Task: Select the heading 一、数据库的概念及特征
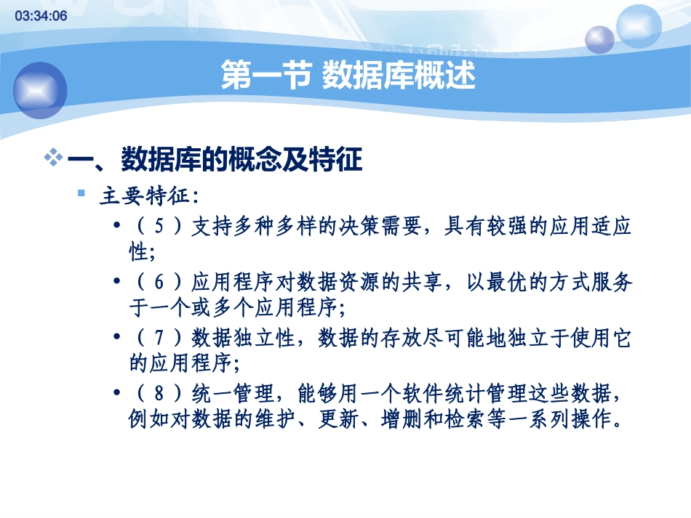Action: click(215, 160)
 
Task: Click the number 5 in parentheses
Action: click(161, 227)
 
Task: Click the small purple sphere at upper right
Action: click(600, 39)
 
